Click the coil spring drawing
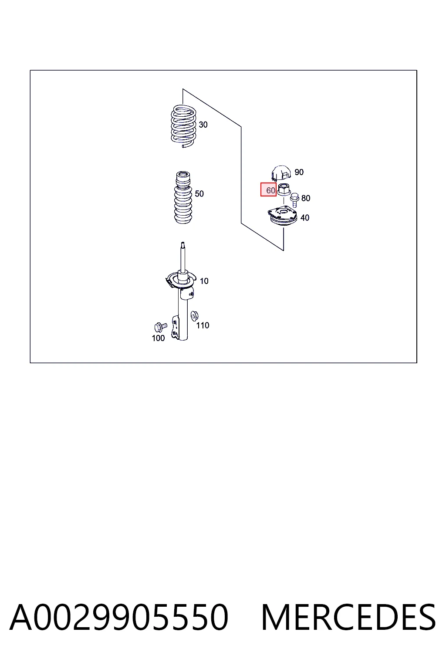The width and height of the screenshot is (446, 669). coord(183,126)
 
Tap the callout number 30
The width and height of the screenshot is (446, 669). coord(203,125)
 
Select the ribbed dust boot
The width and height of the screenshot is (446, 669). coord(183,197)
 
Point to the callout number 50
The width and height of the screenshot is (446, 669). coord(199,194)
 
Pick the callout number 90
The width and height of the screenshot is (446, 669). coord(299,172)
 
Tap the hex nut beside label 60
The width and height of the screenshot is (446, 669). coord(284,189)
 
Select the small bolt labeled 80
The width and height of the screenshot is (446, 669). coord(294,199)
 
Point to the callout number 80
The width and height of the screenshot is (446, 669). coord(306,198)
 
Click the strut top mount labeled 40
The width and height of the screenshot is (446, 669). coord(283,217)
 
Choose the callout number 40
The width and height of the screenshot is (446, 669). coord(305,218)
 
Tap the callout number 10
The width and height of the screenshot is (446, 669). coord(204,281)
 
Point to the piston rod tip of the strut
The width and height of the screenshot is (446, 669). coord(183,243)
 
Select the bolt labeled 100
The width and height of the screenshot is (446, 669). coord(160,327)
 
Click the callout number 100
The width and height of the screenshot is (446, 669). coord(159,338)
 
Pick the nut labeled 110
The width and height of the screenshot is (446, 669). coord(195,315)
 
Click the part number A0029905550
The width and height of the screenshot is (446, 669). coord(119,617)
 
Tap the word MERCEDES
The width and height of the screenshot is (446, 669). coord(348,617)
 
